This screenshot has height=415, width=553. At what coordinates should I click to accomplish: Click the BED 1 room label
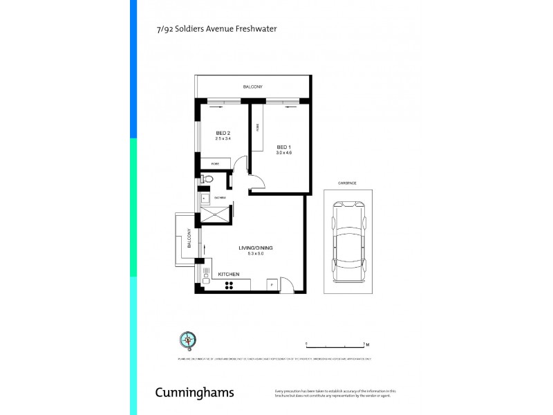[283, 147]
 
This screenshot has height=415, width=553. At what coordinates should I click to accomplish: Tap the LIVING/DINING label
[251, 248]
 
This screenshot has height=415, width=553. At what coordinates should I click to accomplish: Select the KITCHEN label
[229, 275]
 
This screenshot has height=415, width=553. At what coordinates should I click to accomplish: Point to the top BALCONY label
[252, 86]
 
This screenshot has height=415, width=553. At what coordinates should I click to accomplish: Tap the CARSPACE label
[347, 183]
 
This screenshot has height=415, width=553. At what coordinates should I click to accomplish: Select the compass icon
[187, 339]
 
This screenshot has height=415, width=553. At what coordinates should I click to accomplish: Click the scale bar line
[335, 344]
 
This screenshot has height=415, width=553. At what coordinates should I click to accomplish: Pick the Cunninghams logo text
[194, 393]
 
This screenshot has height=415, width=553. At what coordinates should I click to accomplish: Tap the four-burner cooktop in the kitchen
[228, 284]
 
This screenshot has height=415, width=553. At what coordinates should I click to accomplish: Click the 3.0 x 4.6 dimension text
[283, 152]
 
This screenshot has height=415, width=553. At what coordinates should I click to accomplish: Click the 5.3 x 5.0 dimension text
[251, 254]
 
